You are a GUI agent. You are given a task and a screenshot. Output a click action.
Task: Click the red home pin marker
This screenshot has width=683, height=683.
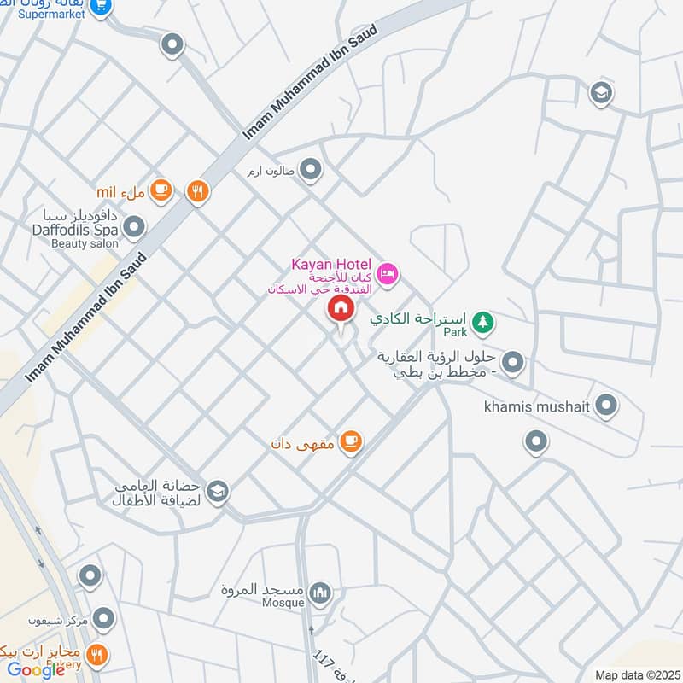click(341, 309)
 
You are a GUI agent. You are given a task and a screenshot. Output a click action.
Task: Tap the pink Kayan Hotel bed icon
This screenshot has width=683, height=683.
click(388, 274)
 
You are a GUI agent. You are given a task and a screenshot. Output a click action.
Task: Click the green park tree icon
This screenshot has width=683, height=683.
click(484, 322)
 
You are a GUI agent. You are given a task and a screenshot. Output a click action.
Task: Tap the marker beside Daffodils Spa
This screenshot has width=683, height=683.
click(134, 227)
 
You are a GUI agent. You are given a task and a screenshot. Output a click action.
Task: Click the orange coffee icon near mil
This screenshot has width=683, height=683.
click(161, 191)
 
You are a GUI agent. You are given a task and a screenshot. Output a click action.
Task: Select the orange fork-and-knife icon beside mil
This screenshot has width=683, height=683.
click(198, 191)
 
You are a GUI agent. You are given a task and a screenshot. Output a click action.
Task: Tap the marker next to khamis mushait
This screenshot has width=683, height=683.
click(606, 405)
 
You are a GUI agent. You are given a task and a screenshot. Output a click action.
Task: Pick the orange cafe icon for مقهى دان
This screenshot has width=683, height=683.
click(350, 441)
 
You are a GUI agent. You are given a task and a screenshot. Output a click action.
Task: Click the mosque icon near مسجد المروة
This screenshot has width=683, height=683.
click(320, 593)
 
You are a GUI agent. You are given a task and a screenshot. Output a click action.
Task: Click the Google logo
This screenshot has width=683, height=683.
click(36, 670)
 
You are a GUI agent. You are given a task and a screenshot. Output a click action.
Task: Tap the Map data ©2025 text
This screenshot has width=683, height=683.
click(635, 674)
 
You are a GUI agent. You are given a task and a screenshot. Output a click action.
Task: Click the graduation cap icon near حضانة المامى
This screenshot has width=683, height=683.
click(218, 490)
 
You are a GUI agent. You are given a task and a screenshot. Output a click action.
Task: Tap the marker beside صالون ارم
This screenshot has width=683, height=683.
click(310, 170)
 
